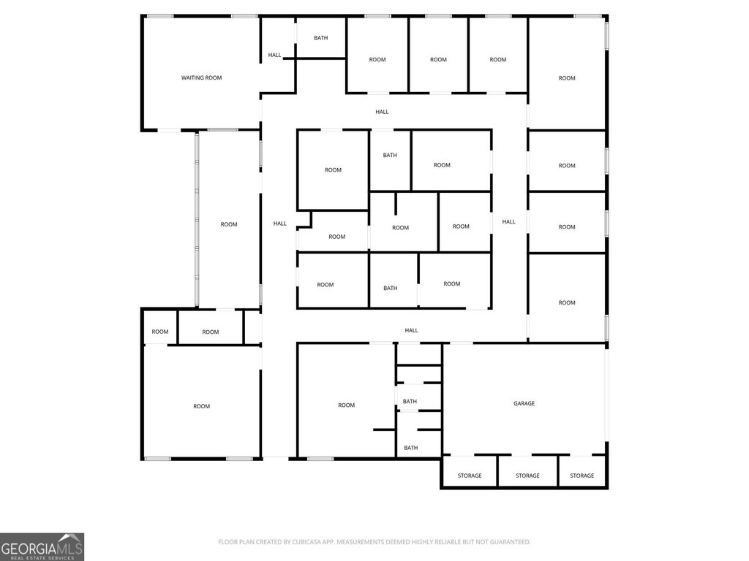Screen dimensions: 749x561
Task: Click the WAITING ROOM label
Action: [201, 77]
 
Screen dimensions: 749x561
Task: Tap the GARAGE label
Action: [524, 403]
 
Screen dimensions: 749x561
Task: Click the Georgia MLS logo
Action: [42, 546]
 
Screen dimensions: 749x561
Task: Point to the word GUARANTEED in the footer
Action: [511, 542]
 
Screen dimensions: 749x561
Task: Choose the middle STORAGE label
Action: [527, 476]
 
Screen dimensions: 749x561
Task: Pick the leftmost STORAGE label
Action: [470, 476]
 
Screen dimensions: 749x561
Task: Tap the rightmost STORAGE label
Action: [581, 476]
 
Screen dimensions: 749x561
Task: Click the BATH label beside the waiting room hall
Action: [320, 38]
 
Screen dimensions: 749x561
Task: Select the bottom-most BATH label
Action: [411, 448]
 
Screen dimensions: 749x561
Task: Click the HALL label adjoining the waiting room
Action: [275, 56]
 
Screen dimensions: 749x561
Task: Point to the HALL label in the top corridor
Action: [382, 112]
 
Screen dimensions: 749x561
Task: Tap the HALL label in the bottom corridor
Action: [411, 331]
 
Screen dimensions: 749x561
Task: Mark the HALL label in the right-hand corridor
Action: [509, 222]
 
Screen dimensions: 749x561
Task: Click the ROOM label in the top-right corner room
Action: [567, 78]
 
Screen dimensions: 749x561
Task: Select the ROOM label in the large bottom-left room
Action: [202, 406]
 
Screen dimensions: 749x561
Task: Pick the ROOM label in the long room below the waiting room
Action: [229, 224]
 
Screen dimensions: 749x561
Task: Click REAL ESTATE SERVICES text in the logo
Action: [42, 557]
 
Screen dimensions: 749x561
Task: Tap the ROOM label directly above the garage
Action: [567, 303]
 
